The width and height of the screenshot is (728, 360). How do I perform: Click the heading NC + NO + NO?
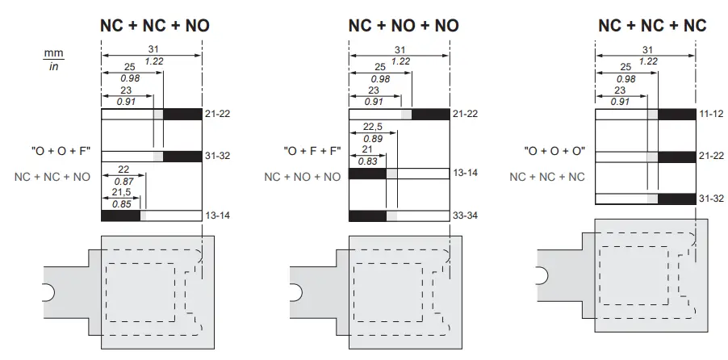(403, 25)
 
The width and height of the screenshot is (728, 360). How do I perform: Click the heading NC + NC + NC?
(652, 25)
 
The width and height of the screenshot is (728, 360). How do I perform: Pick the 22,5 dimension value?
(372, 126)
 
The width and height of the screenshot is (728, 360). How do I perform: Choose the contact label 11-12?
(710, 115)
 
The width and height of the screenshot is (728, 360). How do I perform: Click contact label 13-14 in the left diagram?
(218, 216)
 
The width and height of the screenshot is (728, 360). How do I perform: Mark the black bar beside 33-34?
(367, 216)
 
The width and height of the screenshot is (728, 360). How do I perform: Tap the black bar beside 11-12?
(676, 115)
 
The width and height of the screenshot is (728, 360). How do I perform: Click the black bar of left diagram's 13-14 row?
(120, 216)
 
